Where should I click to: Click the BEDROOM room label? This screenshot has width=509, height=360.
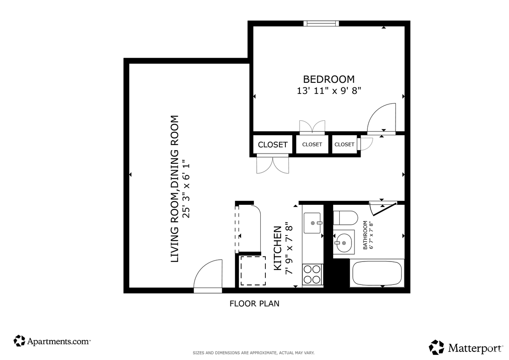[329, 79]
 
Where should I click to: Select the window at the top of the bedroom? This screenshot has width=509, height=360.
[321, 23]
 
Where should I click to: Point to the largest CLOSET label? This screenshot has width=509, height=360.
[273, 145]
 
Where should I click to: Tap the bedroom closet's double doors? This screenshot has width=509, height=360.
[312, 127]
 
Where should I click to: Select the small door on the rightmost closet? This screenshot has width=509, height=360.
[365, 144]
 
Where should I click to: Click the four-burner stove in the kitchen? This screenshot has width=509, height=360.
[312, 274]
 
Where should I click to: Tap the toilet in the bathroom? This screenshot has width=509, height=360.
[345, 218]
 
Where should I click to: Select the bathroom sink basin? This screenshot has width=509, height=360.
[344, 243]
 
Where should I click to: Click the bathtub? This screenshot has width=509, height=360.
[376, 273]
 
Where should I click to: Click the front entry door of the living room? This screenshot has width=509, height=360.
[208, 277]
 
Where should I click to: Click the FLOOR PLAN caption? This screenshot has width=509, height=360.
[254, 304]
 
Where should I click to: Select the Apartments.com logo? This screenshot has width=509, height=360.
[52, 341]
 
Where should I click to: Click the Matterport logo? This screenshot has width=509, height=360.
[466, 348]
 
